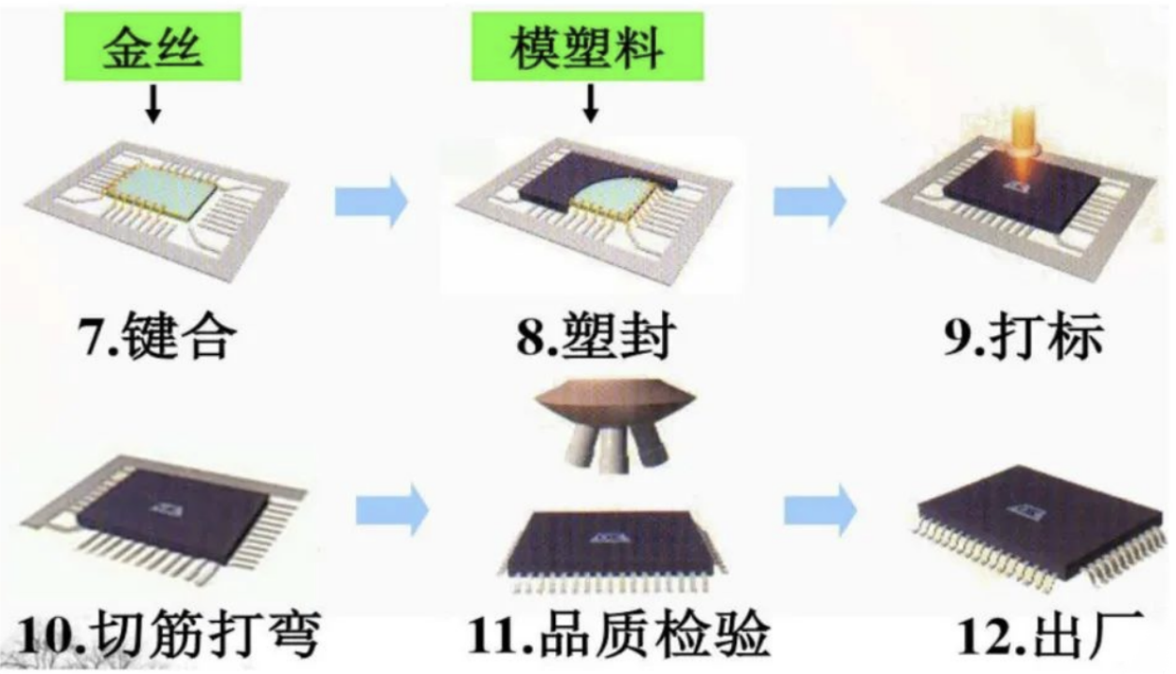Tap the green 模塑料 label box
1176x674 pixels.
click(x=586, y=47)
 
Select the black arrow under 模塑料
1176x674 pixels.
click(x=590, y=106)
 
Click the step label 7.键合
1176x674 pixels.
click(x=154, y=339)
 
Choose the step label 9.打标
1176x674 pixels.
click(x=1023, y=339)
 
